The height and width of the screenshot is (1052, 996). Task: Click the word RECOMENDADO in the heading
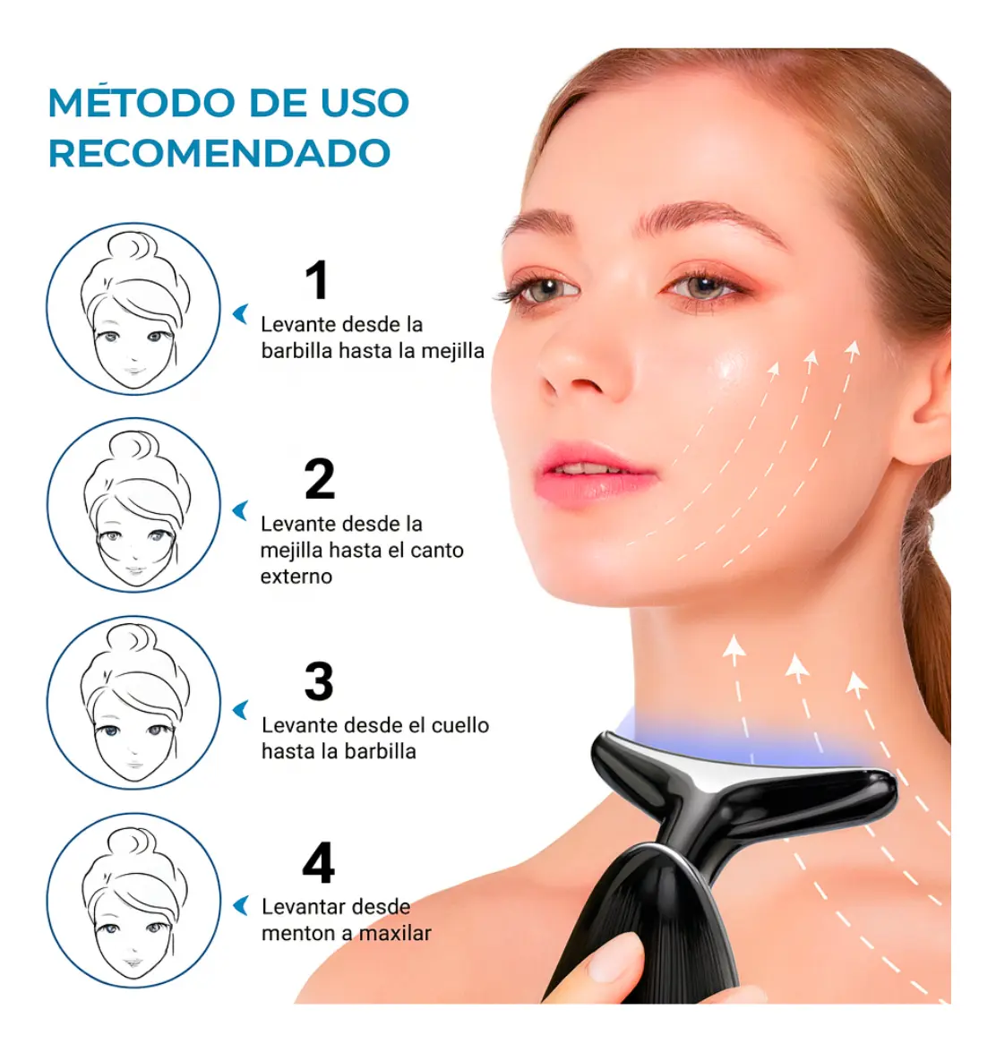pyautogui.click(x=219, y=153)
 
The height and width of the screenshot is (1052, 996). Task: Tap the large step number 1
pyautogui.click(x=317, y=279)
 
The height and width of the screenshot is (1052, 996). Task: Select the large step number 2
pyautogui.click(x=320, y=479)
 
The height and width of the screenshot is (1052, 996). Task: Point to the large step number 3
pyautogui.click(x=319, y=681)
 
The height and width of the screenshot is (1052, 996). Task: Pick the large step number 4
pyautogui.click(x=318, y=863)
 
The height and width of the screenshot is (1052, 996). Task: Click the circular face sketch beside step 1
pyautogui.click(x=133, y=309)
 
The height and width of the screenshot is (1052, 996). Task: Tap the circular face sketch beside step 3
pyautogui.click(x=133, y=703)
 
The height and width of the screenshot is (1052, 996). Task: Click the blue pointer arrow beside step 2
pyautogui.click(x=240, y=510)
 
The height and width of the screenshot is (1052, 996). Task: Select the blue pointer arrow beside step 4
pyautogui.click(x=240, y=906)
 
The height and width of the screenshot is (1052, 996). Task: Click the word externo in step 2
pyautogui.click(x=296, y=577)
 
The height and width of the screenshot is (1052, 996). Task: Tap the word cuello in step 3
pyautogui.click(x=459, y=725)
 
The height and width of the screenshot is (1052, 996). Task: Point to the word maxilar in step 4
pyautogui.click(x=395, y=933)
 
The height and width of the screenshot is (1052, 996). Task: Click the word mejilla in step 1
pyautogui.click(x=452, y=351)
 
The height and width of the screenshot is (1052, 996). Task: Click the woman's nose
pyautogui.click(x=580, y=363)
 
